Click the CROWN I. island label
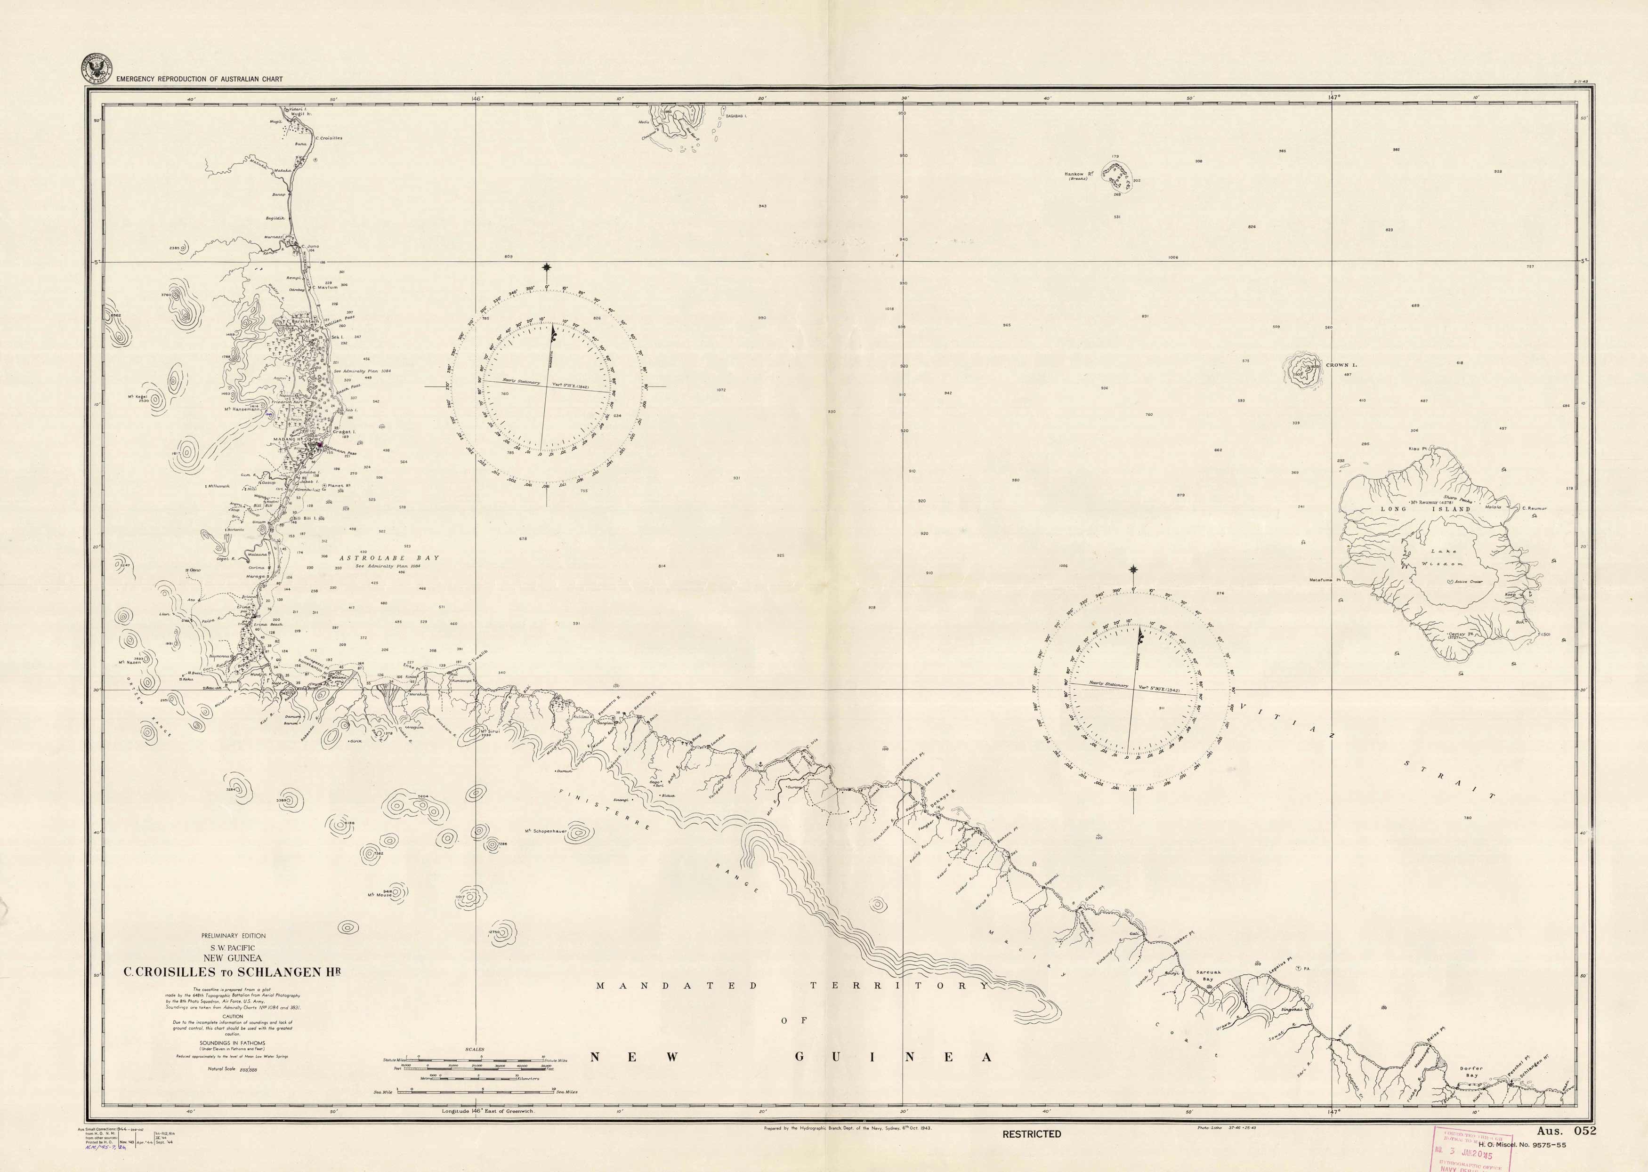1341,365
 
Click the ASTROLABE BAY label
389,558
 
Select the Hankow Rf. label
1079,174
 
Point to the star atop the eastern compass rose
1133,570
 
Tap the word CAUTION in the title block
233,1016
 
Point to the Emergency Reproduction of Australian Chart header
199,79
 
